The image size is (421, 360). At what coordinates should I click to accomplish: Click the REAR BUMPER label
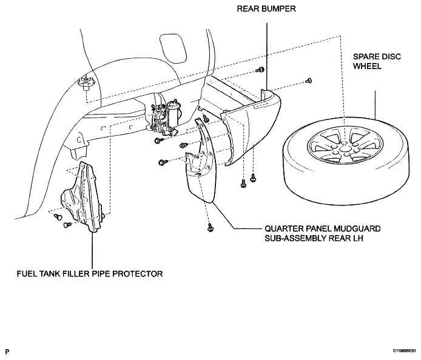click(x=266, y=9)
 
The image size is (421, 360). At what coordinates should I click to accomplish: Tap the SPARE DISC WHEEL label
click(x=377, y=61)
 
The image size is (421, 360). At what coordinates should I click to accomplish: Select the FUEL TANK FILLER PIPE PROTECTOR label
click(x=90, y=274)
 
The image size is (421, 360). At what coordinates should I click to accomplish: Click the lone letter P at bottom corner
click(x=7, y=352)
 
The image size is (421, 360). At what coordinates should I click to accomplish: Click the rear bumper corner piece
click(x=251, y=128)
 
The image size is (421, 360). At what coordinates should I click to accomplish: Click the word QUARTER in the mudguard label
click(x=280, y=229)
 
